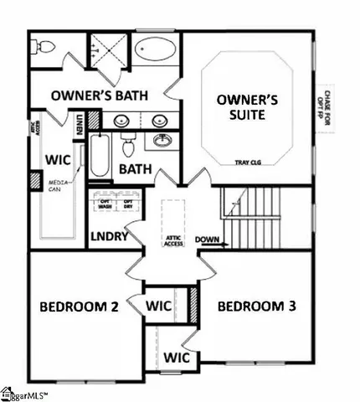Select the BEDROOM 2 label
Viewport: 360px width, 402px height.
(x=79, y=307)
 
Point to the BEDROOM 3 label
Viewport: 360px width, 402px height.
(x=257, y=307)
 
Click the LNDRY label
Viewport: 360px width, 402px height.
(x=109, y=237)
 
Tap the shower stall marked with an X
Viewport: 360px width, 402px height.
(x=109, y=49)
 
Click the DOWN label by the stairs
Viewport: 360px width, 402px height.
(x=208, y=240)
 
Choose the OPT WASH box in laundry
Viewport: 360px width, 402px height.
(x=105, y=203)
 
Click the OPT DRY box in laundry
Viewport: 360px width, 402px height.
(x=128, y=203)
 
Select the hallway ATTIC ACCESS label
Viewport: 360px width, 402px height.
(x=173, y=240)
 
